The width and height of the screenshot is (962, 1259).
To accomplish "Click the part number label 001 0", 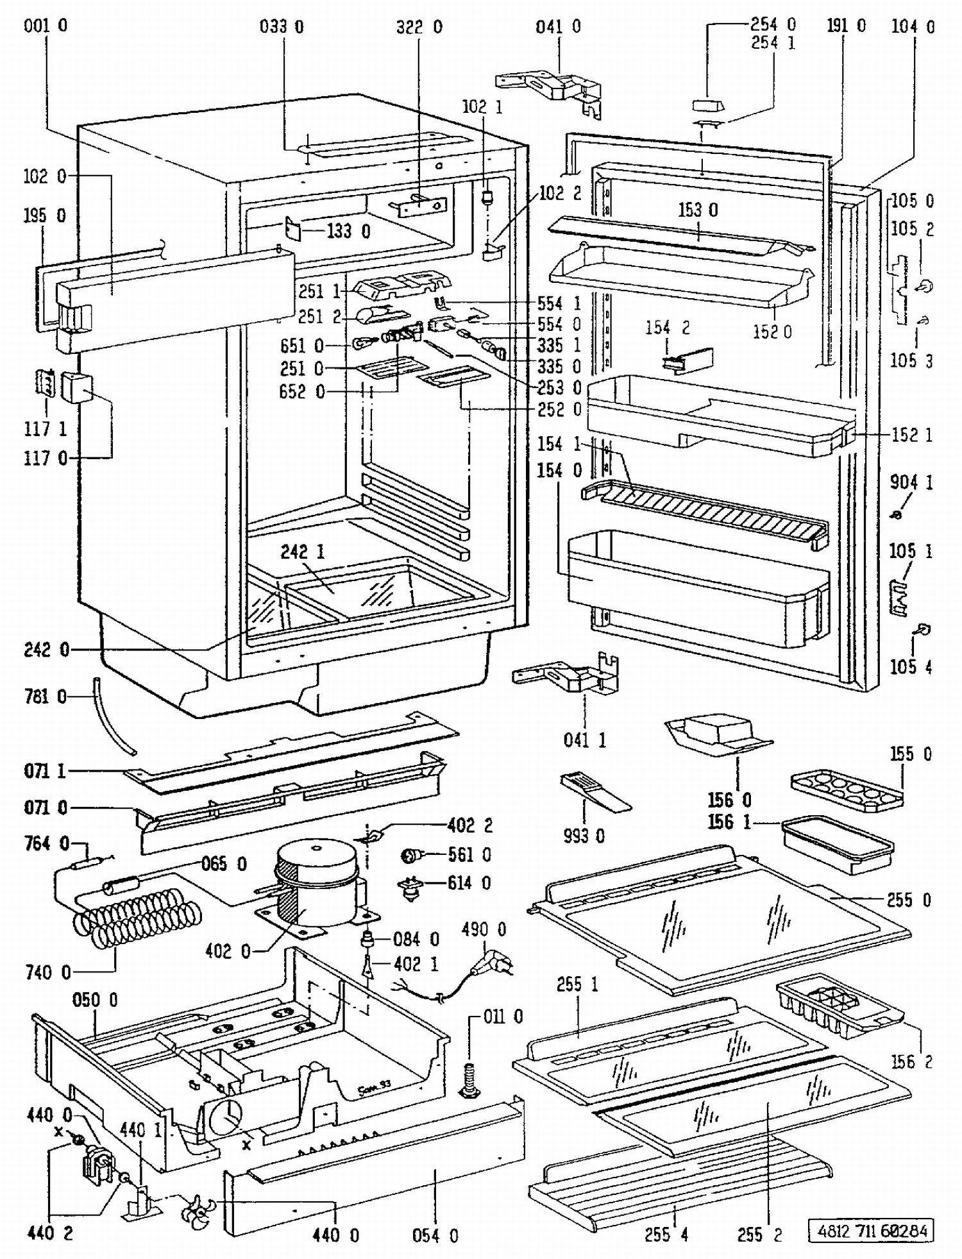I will pos(45,26).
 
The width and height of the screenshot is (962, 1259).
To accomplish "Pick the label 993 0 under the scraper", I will pos(584,836).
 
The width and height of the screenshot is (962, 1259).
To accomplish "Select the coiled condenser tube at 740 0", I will pos(135,917).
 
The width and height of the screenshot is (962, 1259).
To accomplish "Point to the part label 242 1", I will pos(302,552).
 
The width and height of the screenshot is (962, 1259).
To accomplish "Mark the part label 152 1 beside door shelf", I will pos(911,435).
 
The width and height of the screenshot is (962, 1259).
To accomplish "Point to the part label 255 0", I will pos(909,900).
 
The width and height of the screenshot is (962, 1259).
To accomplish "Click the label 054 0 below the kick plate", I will pos(435,1235).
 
